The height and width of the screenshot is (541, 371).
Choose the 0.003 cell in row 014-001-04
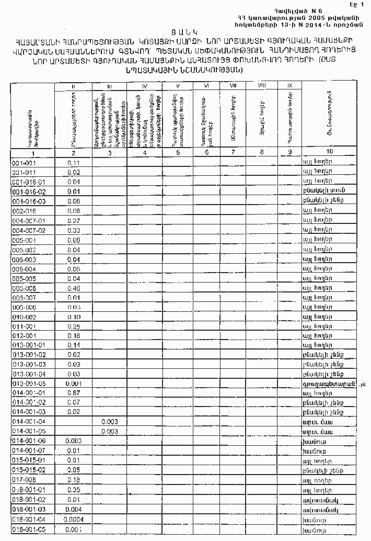[109, 421]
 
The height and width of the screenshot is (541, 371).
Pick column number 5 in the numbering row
[178, 153]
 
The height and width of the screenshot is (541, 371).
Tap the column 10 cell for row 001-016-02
[321, 191]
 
